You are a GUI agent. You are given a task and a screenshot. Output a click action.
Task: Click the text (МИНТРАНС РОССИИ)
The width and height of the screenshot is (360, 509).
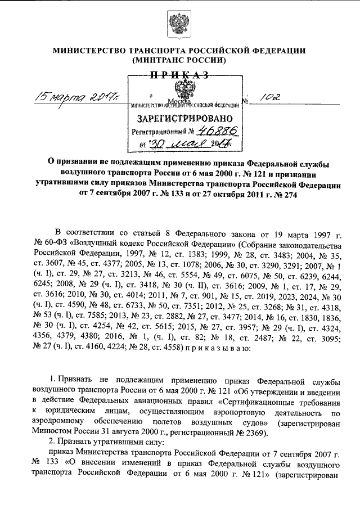click(x=179, y=60)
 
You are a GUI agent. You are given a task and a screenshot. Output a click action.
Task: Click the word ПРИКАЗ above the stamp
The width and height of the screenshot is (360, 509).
click(x=179, y=74)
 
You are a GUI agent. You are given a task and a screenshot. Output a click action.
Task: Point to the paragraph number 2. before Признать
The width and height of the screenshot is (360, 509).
click(x=52, y=443)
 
